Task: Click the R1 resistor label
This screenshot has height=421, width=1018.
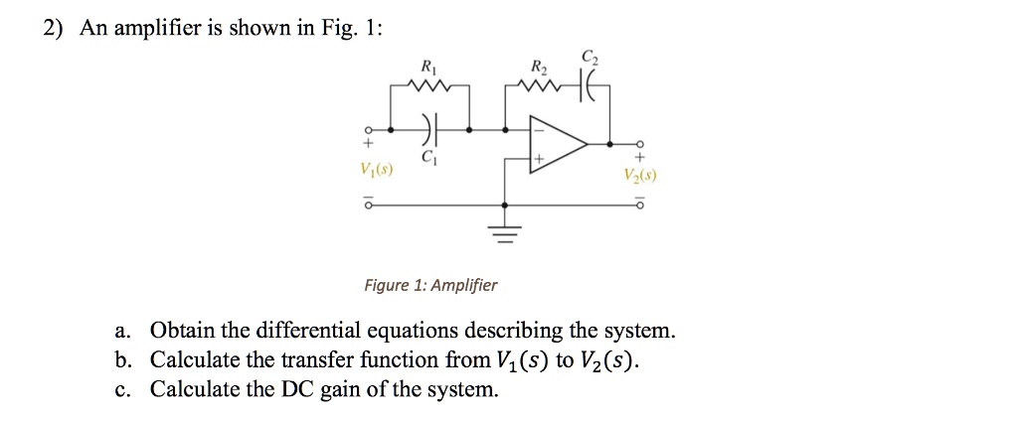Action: click(x=428, y=68)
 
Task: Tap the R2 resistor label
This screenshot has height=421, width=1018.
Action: click(x=539, y=68)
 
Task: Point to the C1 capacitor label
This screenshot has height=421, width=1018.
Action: click(x=428, y=158)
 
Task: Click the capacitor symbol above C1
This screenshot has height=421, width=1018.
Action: click(x=428, y=129)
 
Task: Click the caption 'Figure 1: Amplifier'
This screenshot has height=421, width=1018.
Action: click(x=429, y=286)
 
